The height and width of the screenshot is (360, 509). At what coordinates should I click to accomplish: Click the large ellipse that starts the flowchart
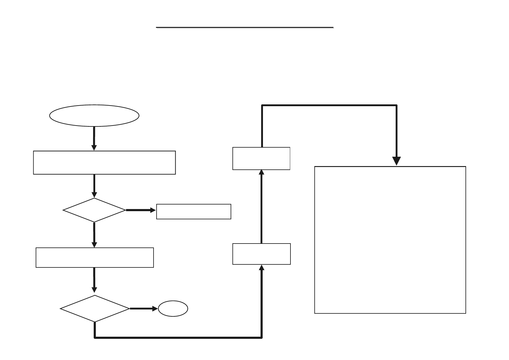click(94, 115)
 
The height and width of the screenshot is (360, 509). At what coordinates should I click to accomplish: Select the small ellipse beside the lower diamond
click(173, 309)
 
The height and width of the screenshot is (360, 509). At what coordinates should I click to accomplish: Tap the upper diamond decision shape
click(94, 210)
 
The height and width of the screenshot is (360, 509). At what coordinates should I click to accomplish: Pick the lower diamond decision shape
click(95, 309)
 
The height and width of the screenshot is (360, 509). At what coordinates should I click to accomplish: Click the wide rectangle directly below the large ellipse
click(104, 162)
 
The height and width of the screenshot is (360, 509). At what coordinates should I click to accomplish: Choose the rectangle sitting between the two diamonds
click(95, 257)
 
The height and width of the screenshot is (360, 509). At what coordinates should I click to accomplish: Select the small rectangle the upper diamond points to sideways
click(193, 211)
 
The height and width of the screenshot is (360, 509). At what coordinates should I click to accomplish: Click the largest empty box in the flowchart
click(390, 240)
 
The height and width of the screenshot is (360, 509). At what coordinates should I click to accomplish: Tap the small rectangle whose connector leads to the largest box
click(261, 158)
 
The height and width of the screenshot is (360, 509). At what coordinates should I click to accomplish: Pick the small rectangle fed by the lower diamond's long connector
click(261, 254)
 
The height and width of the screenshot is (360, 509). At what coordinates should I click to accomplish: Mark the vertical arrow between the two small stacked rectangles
click(261, 206)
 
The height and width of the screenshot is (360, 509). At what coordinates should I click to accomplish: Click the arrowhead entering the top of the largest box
click(396, 161)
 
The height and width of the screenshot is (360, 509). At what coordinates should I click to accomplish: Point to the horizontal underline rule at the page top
click(245, 28)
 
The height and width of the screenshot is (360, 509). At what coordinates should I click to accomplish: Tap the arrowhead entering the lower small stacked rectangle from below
click(262, 268)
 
